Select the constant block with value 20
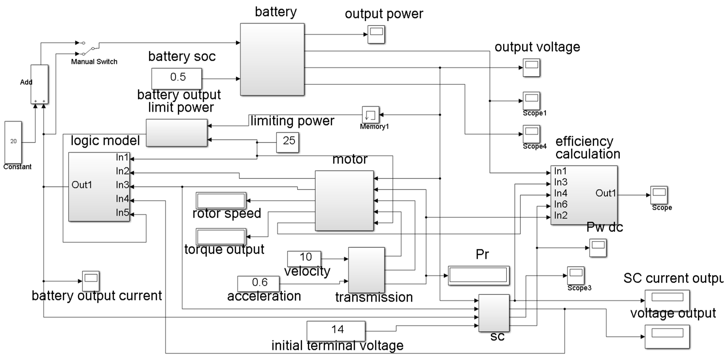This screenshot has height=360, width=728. (x=13, y=142)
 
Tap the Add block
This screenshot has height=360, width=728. (x=39, y=84)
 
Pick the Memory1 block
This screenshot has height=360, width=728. (x=370, y=114)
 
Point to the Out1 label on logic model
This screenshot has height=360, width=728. (x=82, y=185)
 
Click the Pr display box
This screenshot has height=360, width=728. (x=478, y=275)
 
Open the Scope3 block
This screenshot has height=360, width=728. (x=575, y=275)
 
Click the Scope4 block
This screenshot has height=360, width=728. (x=531, y=134)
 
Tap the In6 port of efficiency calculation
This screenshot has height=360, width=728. (x=560, y=204)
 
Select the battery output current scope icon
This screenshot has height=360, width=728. (x=91, y=281)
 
